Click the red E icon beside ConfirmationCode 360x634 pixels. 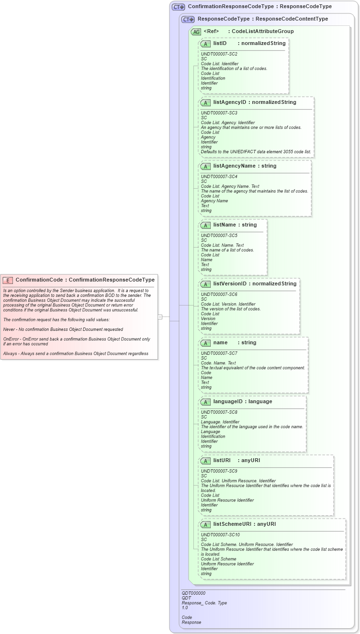pos(8,280)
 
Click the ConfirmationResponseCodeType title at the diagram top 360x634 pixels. pos(259,7)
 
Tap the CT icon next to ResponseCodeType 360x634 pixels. pos(188,20)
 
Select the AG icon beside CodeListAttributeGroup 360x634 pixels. pos(196,32)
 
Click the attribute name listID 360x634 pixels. pos(220,44)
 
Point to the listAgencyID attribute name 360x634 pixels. pos(229,102)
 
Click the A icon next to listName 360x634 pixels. pos(205,226)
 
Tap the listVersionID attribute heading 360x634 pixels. pos(230,284)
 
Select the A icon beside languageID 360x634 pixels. pos(205,402)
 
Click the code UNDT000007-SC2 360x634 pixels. pos(219,54)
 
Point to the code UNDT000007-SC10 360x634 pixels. pos(220,535)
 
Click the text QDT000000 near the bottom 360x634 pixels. pos(193,593)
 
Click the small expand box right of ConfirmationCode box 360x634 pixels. pos(160,317)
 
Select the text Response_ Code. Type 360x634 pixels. pos(204,603)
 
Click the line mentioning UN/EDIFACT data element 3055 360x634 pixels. pos(256,152)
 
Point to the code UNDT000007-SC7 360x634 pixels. pos(219,353)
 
